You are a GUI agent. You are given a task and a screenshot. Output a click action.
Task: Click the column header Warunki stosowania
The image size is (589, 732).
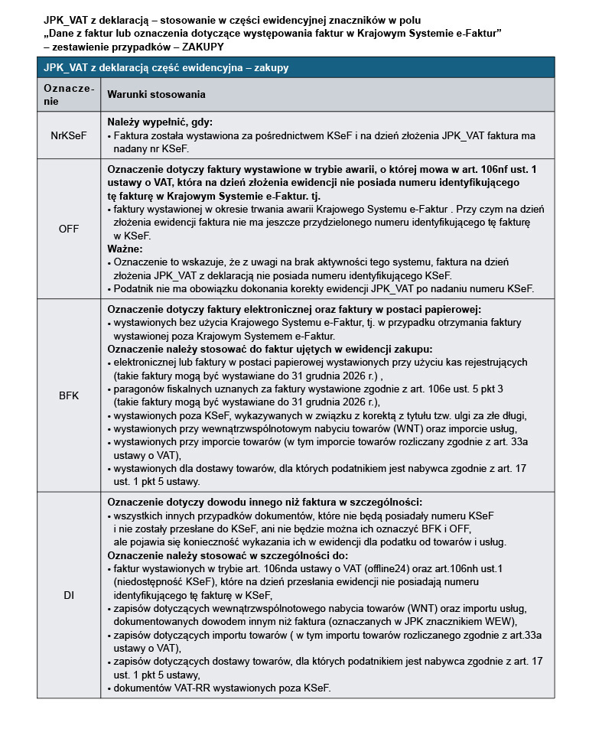[x=155, y=94]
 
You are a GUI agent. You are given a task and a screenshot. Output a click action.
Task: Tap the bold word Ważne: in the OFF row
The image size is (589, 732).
[x=125, y=249]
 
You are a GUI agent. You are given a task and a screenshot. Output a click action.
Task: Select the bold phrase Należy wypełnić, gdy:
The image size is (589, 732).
[x=160, y=122]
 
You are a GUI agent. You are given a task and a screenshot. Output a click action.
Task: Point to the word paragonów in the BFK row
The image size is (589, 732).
[x=140, y=389]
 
